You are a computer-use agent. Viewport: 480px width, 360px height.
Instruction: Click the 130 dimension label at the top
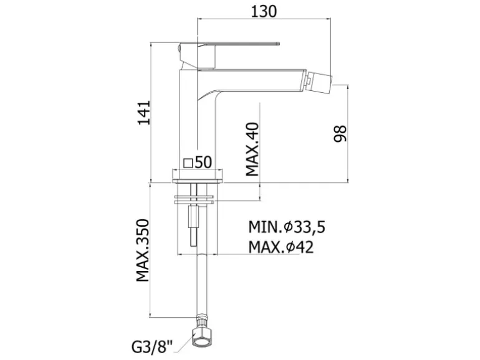point(264,12)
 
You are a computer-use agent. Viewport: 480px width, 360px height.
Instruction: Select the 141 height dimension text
point(144,112)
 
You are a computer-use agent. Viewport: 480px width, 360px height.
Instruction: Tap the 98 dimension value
point(340,134)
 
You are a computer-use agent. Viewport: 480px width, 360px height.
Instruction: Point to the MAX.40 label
point(252,149)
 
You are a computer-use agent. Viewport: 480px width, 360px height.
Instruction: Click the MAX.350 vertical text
point(143,250)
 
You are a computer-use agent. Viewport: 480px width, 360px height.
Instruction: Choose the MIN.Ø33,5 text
point(287,227)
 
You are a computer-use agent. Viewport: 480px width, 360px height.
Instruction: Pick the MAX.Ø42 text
point(281,247)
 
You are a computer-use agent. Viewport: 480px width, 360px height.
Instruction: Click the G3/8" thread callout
point(152,347)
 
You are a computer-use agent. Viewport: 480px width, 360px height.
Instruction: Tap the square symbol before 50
point(188,163)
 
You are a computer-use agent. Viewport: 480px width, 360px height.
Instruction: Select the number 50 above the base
point(203,163)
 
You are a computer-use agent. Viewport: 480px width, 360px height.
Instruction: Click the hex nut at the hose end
point(201,338)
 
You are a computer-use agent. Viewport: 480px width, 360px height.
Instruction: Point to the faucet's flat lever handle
point(230,44)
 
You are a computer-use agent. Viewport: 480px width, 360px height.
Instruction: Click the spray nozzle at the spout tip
point(319,81)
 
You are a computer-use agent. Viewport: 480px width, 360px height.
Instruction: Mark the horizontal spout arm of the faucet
point(252,81)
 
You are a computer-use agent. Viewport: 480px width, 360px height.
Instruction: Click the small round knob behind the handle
point(179,49)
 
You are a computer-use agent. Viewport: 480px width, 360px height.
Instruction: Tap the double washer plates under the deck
point(194,199)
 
